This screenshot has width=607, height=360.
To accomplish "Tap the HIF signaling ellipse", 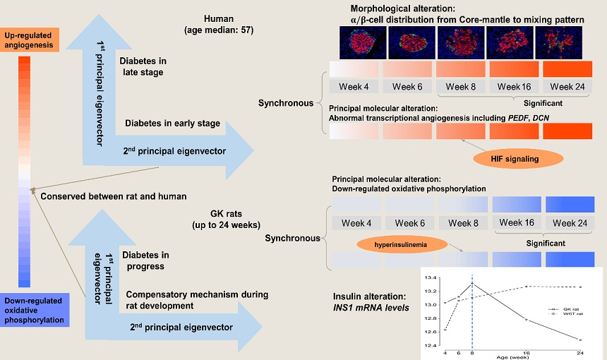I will (516, 159).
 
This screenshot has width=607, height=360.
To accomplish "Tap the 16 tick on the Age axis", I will (526, 352).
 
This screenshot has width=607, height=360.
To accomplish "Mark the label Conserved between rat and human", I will (114, 196).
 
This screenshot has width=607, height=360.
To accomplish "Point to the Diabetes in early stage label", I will (172, 124).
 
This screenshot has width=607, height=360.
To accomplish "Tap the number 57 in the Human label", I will (247, 30).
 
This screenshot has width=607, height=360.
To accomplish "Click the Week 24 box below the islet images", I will (567, 87).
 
